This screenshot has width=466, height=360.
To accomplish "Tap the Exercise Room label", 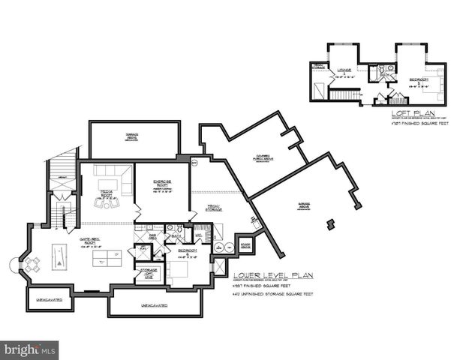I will pyautogui.click(x=164, y=184).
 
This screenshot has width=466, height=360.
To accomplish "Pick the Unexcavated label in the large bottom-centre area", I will pyautogui.click(x=154, y=305).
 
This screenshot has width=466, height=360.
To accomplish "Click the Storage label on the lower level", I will pyautogui.click(x=148, y=271).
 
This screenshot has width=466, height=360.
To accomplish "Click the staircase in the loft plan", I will pyautogui.click(x=345, y=94).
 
